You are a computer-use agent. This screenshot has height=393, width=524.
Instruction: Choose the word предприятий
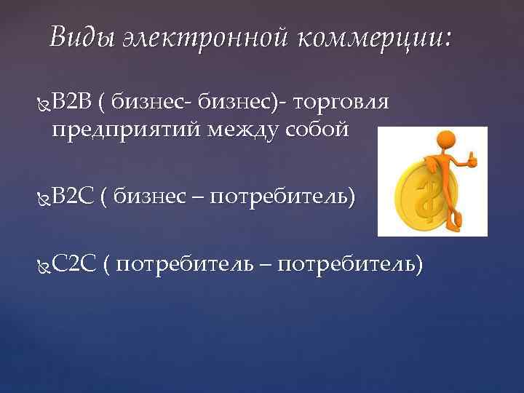pyautogui.click(x=131, y=130)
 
